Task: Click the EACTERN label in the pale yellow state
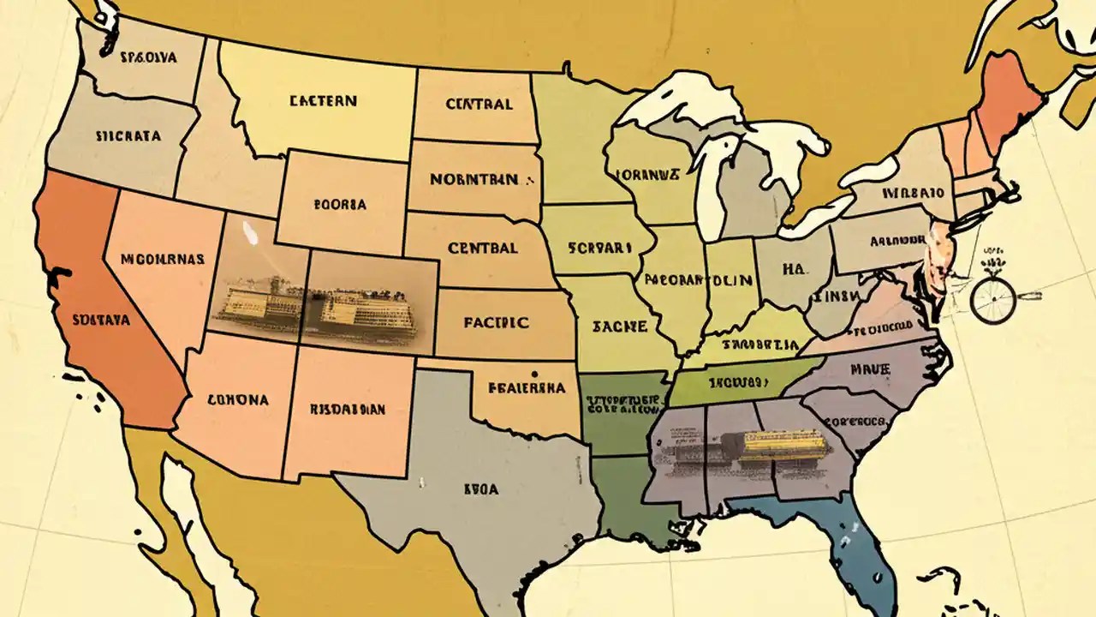pyautogui.click(x=322, y=101)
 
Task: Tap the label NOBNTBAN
pyautogui.click(x=474, y=180)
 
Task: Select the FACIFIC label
pyautogui.click(x=496, y=323)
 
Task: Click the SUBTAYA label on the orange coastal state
pyautogui.click(x=101, y=320)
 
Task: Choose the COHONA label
pyautogui.click(x=237, y=399)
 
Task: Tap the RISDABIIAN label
pyautogui.click(x=347, y=410)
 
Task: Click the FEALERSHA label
pyautogui.click(x=526, y=387)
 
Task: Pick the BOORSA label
pyautogui.click(x=340, y=206)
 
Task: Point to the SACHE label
pyautogui.click(x=611, y=326)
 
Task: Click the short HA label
pyautogui.click(x=794, y=269)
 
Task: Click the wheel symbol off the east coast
pyautogui.click(x=993, y=301)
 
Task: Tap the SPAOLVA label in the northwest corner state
pyautogui.click(x=147, y=58)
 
